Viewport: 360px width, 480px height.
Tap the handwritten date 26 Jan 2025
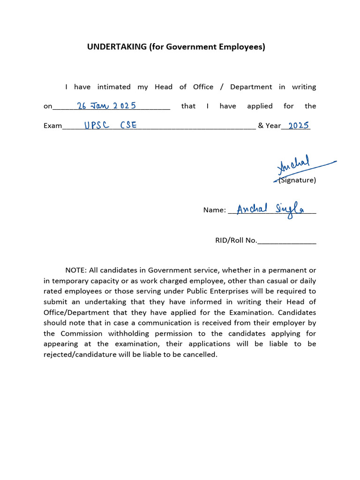107,105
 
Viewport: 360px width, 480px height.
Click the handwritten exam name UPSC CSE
110,126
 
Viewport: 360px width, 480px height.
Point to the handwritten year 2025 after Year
298,125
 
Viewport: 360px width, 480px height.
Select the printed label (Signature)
297,180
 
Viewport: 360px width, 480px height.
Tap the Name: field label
214,210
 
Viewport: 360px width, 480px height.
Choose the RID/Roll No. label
236,240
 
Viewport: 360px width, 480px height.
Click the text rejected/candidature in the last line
80,354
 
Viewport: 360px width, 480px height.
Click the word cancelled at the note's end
201,354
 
